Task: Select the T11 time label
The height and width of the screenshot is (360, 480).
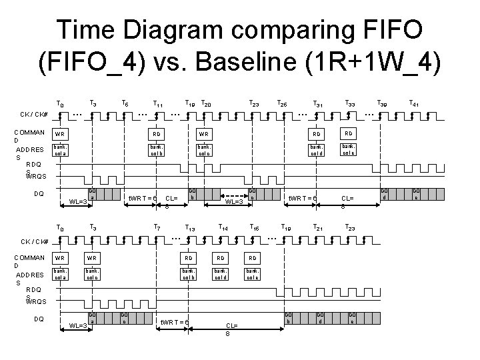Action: [x=157, y=103]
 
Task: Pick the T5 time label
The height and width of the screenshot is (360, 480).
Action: [x=125, y=103]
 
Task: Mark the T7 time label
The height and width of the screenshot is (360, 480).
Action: [x=157, y=227]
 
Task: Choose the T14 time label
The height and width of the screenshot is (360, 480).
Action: [x=221, y=227]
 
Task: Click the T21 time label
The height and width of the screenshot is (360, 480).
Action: [x=317, y=227]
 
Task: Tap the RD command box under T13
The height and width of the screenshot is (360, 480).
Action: [x=189, y=258]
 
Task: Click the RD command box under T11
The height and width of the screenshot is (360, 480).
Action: [x=157, y=133]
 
